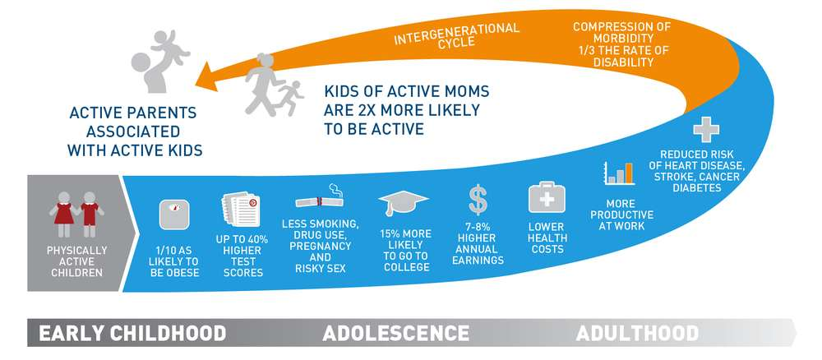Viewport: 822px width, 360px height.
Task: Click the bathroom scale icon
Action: click(x=174, y=215)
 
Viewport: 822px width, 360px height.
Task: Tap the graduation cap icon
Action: click(x=403, y=201)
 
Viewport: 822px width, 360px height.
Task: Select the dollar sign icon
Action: click(x=478, y=200)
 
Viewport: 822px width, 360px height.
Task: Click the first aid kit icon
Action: click(x=547, y=197)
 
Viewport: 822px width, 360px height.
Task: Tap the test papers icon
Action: click(x=240, y=209)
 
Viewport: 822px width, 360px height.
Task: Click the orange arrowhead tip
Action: click(x=195, y=84)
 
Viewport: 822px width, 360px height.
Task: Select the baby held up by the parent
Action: click(x=171, y=47)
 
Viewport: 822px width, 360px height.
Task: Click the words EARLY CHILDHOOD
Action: click(x=132, y=333)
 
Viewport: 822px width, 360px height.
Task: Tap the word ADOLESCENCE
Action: click(x=396, y=333)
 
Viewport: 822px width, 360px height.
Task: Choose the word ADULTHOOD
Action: click(x=637, y=333)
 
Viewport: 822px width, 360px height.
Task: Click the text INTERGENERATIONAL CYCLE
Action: click(x=456, y=35)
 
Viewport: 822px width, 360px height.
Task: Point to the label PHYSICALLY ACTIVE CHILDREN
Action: click(x=76, y=261)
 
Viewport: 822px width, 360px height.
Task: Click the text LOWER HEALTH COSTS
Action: click(x=547, y=238)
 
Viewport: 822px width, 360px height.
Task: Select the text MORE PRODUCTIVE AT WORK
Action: click(x=621, y=215)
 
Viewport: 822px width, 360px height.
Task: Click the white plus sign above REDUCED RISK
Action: click(x=705, y=129)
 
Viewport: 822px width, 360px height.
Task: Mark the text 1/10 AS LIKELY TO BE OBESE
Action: click(x=174, y=261)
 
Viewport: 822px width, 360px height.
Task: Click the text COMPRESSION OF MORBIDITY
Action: click(x=621, y=33)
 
